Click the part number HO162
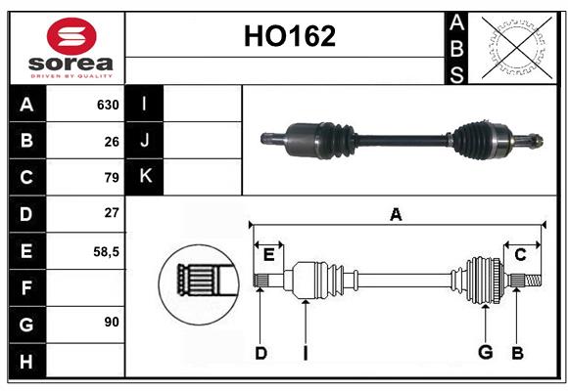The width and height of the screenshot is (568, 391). click(289, 37)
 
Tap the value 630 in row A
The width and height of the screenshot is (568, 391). click(108, 105)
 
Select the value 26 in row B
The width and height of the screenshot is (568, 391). click(112, 141)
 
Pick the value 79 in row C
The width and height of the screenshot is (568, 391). click(112, 177)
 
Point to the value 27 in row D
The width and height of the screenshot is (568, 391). click(112, 213)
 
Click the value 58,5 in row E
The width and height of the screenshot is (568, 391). click(106, 250)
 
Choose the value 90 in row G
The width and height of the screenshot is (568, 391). click(112, 322)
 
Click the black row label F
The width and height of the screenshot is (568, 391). click(26, 286)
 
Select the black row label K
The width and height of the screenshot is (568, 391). click(145, 177)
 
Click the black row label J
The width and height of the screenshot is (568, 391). click(145, 141)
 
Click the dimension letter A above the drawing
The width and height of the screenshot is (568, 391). click(396, 214)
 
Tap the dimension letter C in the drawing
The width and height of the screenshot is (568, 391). click(520, 255)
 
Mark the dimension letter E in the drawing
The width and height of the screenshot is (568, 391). click(268, 255)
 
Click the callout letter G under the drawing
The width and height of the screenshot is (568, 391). click(485, 353)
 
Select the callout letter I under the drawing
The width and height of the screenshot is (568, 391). click(305, 353)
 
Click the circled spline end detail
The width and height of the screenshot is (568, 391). click(198, 279)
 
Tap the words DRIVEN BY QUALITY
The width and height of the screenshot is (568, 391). click(71, 74)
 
